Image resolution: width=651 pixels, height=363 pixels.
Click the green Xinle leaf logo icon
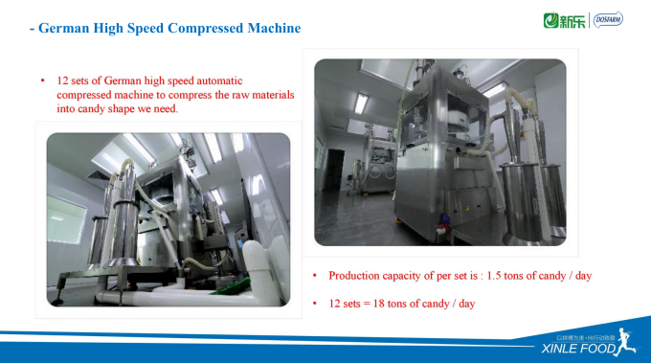click(x=550, y=19)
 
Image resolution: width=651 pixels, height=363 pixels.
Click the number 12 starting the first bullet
click(x=64, y=80)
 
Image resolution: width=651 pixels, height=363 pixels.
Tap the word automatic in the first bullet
click(x=258, y=80)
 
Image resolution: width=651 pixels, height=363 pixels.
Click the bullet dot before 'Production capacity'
click(x=316, y=276)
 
